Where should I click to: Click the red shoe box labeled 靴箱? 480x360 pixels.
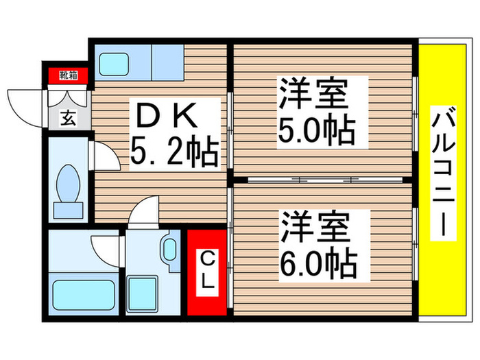tap(67, 74)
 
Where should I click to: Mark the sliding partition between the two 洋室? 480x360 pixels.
tap(322, 179)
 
